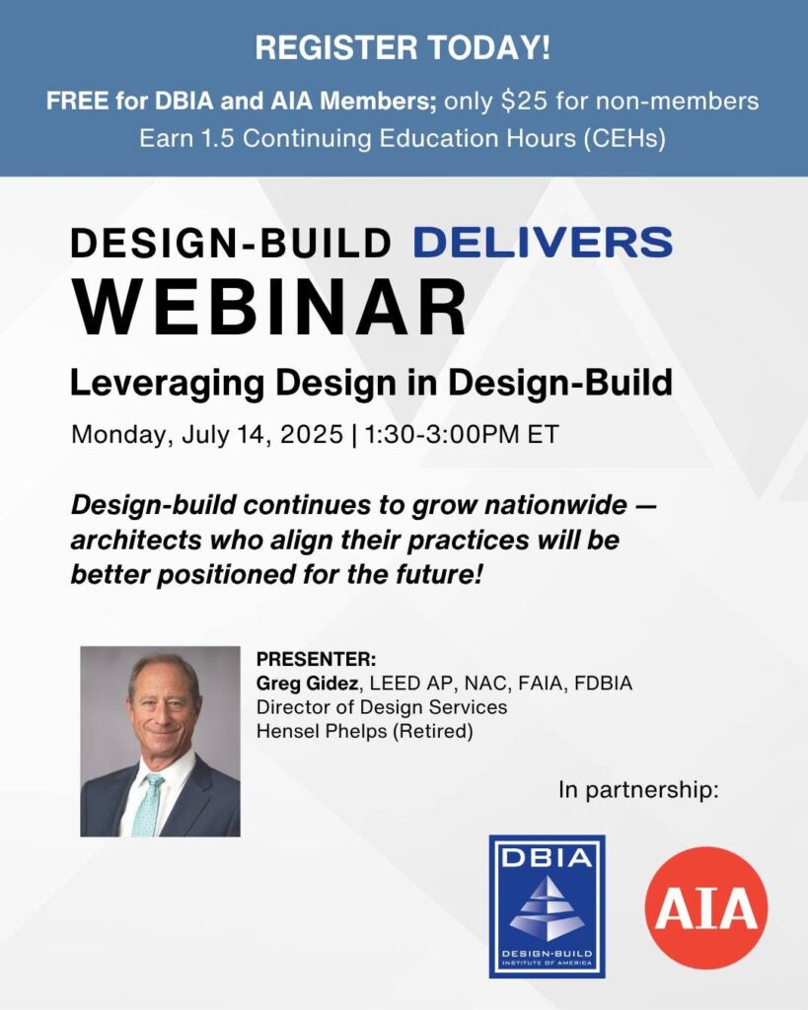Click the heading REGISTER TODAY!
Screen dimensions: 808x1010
(x=404, y=48)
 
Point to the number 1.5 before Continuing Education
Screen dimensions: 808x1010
(x=218, y=138)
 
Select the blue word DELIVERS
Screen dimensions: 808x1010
(x=544, y=243)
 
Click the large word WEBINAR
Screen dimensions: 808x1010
(x=269, y=308)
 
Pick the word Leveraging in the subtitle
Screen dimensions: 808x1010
(x=167, y=384)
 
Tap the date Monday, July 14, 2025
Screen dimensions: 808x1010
(x=207, y=435)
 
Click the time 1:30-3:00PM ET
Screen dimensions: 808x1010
(x=462, y=434)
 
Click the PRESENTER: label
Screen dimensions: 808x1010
(x=317, y=660)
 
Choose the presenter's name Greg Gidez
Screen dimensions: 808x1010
(x=308, y=683)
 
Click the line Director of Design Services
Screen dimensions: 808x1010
(x=382, y=707)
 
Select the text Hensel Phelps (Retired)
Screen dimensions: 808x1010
(x=365, y=732)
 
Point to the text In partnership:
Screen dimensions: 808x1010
(x=638, y=790)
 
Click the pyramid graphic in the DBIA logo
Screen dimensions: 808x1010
(x=546, y=907)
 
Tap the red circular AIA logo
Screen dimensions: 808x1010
(x=706, y=907)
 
